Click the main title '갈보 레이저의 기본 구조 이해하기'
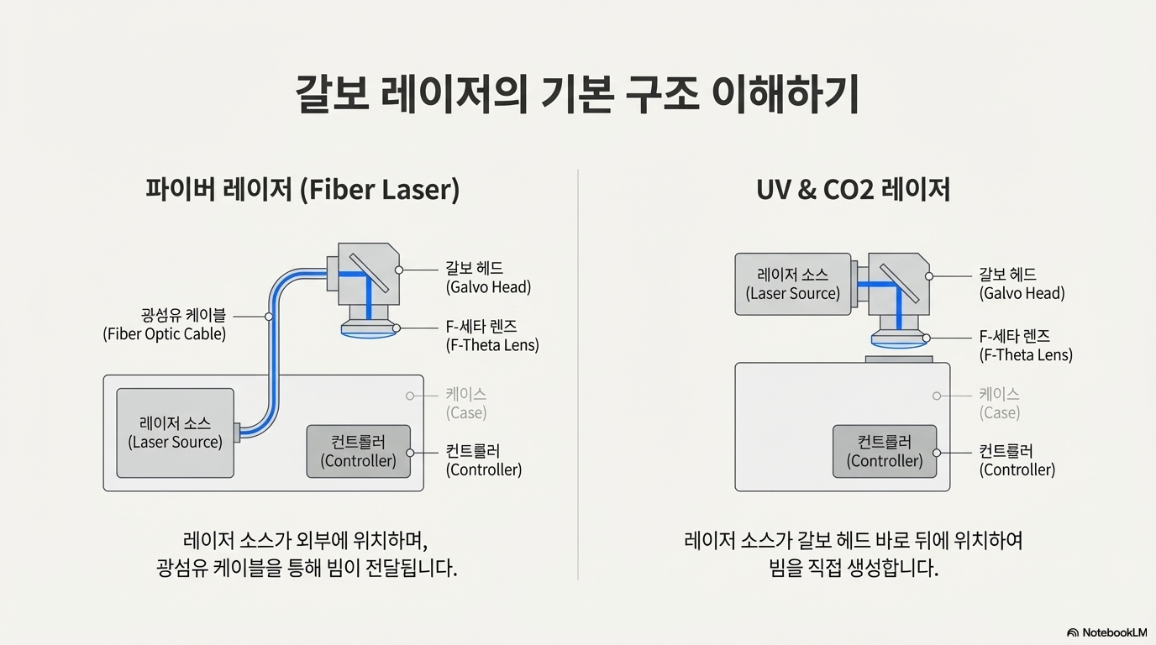tap(577, 95)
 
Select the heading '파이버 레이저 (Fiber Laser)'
tap(302, 190)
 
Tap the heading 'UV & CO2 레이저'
tap(853, 190)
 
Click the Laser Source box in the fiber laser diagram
tap(175, 433)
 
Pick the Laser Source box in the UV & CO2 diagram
tap(792, 284)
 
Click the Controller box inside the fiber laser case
tap(358, 452)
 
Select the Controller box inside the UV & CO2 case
tap(884, 451)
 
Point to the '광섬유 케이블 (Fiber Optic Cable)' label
tap(165, 325)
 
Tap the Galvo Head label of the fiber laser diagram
tap(487, 278)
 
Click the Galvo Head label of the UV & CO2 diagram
tap(1021, 284)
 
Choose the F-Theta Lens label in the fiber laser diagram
tap(491, 336)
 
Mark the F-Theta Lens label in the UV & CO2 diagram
tap(1025, 345)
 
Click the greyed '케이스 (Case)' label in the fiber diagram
tap(465, 403)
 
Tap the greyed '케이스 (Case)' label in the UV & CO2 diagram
tap(999, 403)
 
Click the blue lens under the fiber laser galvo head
tap(369, 330)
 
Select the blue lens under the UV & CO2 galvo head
tap(899, 340)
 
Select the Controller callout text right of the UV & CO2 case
tap(1017, 460)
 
